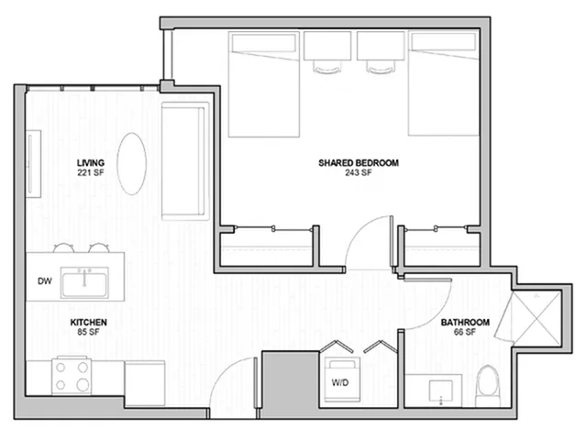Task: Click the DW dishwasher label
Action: coord(45,281)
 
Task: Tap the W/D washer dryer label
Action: coord(340,382)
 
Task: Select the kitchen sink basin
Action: coord(84,282)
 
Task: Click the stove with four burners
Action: coord(72,376)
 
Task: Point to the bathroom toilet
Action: coord(488,386)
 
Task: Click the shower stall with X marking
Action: coord(537,317)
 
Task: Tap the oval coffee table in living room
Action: coord(132,163)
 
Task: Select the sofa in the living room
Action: coord(185,161)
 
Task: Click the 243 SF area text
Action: coord(359,172)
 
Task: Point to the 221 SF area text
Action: coord(91,172)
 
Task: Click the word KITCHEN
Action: coord(89,322)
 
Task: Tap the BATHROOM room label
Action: coord(465,322)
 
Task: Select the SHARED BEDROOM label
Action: coord(359,163)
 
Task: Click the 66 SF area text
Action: coord(465,332)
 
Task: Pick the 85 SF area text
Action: coord(88,332)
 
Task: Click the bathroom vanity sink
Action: coord(440,391)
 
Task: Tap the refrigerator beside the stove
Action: coord(145,383)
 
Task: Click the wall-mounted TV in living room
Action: coord(33,163)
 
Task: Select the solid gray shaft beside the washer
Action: coord(290,385)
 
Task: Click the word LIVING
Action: coord(91,163)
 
